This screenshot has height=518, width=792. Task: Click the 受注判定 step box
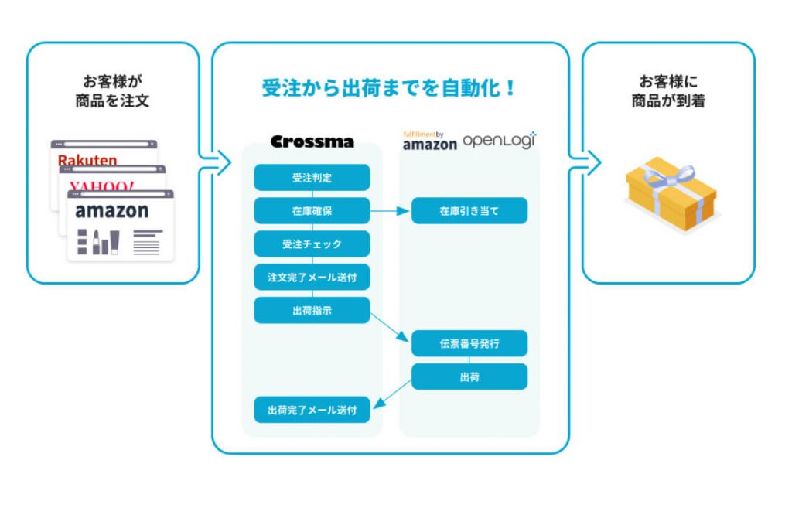(x=312, y=178)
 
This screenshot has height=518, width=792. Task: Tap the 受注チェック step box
(x=312, y=244)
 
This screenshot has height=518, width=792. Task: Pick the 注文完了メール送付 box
(x=312, y=278)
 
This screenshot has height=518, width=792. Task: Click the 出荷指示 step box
(x=312, y=311)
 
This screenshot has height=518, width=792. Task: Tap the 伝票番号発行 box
(x=469, y=344)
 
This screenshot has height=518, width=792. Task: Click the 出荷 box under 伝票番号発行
(x=469, y=377)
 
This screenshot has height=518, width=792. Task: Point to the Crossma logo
(x=312, y=141)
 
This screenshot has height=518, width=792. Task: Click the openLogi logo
(x=500, y=141)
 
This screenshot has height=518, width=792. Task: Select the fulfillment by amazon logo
(x=429, y=141)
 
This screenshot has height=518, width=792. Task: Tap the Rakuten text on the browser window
(x=87, y=161)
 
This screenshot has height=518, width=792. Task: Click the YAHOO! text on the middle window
(x=101, y=186)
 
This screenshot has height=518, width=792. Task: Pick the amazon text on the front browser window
(x=112, y=211)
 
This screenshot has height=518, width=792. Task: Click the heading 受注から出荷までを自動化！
(x=390, y=88)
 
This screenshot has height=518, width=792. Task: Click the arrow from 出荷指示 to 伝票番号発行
(x=391, y=327)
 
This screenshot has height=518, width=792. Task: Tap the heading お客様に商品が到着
(x=667, y=90)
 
